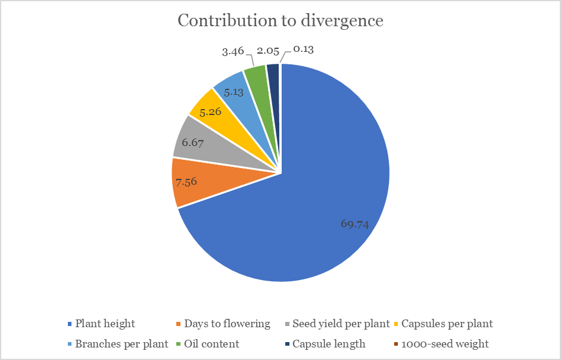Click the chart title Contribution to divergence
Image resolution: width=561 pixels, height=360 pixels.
point(280,20)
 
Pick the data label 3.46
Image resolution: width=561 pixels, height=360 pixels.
point(233,51)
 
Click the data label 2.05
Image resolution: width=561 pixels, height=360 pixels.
point(268,51)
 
